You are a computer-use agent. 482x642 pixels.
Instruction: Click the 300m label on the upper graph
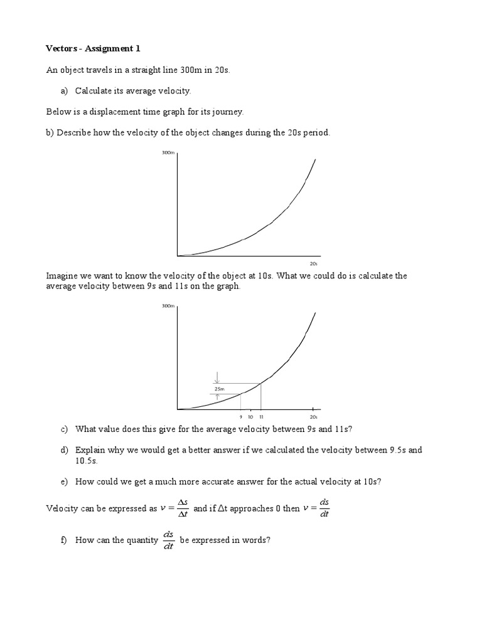[x=168, y=153]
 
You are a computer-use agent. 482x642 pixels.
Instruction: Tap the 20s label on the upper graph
[x=314, y=264]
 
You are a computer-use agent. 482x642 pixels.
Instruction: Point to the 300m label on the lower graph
[x=168, y=306]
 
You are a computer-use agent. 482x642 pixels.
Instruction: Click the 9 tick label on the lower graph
[x=241, y=417]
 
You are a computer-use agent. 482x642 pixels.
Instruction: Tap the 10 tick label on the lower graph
[x=250, y=417]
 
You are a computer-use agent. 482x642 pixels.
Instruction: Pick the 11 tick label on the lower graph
[x=260, y=417]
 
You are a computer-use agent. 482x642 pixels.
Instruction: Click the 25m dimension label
[x=219, y=389]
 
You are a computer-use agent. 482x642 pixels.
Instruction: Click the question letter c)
[x=64, y=429]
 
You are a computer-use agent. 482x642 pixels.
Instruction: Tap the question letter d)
[x=64, y=450]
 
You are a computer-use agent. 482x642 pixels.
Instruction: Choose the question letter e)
[x=64, y=481]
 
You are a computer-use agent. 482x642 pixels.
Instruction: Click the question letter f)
[x=64, y=540]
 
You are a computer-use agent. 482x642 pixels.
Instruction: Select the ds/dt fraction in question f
[x=168, y=540]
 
